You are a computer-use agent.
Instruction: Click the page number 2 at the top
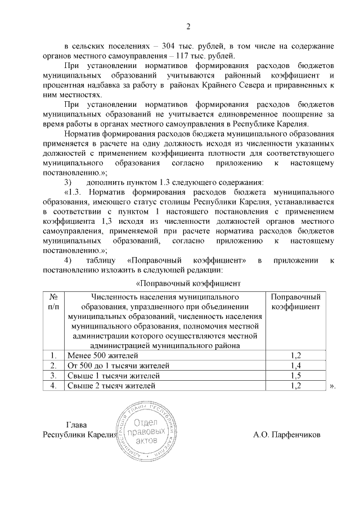[x=188, y=26]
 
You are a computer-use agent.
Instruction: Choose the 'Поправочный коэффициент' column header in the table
[x=296, y=301]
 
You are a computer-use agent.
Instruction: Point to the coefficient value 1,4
[x=296, y=366]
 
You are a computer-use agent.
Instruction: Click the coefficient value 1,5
[x=296, y=376]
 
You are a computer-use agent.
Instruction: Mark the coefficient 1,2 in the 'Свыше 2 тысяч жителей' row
[x=296, y=386]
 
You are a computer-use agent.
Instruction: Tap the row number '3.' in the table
[x=52, y=376]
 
